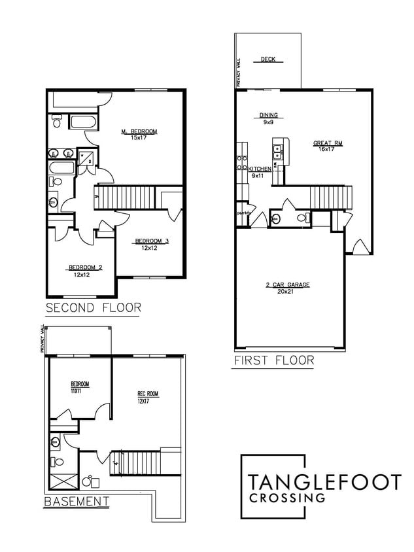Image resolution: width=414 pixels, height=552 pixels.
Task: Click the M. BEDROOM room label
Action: (x=139, y=131)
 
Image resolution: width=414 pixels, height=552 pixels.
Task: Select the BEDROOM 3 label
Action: (x=152, y=241)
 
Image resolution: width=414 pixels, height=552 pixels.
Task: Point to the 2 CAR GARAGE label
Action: (x=288, y=285)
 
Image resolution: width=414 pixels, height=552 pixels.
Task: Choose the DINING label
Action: (x=268, y=116)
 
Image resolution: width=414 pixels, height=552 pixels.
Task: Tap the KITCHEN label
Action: (x=260, y=169)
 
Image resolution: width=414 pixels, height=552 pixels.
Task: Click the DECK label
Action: (x=267, y=60)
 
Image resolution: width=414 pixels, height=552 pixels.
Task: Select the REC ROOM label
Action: (x=147, y=394)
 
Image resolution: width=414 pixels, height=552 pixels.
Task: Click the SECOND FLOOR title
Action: (x=93, y=307)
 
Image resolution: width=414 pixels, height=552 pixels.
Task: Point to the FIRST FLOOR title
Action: (x=273, y=360)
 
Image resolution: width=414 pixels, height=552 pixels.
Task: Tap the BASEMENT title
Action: (x=76, y=502)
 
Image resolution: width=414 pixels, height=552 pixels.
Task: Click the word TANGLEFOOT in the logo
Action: (x=324, y=483)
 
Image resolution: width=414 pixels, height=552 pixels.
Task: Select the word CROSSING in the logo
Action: (x=287, y=498)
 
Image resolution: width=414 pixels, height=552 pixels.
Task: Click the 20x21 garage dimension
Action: (x=288, y=292)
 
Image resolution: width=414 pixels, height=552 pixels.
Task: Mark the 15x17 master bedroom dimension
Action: (x=139, y=138)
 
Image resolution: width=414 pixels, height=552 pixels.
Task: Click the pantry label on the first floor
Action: (x=243, y=213)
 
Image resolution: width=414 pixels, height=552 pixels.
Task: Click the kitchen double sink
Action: (x=278, y=152)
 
